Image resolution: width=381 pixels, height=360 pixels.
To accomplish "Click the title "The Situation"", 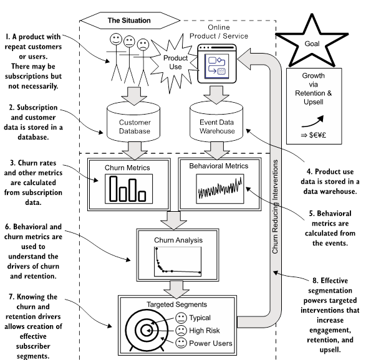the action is point(129,21).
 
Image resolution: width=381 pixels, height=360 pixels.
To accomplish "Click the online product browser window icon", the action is point(217,64).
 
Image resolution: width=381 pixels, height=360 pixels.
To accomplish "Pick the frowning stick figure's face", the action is point(143,44).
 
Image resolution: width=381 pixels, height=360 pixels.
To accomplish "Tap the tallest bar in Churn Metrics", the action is point(113,189).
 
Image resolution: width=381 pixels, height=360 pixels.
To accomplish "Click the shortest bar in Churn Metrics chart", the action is point(142,196).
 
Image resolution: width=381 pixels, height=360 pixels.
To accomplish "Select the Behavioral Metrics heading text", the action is point(219,166).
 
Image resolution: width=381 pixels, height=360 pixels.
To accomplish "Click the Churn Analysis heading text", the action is point(178,240).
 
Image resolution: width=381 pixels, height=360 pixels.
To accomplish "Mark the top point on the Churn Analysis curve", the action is point(157,249).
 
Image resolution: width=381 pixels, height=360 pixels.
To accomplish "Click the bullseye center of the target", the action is point(147,330).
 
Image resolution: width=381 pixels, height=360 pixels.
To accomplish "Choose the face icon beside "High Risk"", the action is point(181,330).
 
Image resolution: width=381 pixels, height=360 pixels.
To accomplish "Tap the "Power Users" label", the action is point(211,343).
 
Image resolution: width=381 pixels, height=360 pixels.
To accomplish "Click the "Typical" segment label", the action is point(200,318).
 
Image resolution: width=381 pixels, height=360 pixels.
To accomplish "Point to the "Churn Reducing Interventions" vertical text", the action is point(275,207).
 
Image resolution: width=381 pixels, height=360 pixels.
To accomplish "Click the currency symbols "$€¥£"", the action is point(317,135).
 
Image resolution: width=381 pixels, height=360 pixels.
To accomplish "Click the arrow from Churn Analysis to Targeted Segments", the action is point(176,290).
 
